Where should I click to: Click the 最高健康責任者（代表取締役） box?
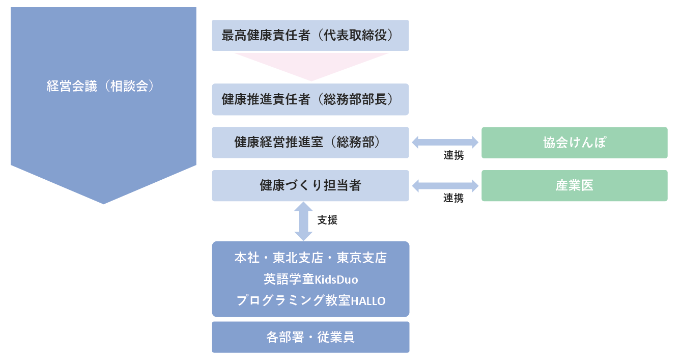pos(310,36)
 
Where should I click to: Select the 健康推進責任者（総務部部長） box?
pos(310,99)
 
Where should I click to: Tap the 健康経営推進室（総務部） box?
pos(310,143)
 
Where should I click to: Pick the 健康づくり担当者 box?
pos(310,185)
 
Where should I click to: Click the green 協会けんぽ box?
pos(574,143)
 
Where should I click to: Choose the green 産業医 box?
pos(574,185)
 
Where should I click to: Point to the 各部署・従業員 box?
pos(310,337)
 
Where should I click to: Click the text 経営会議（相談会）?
pos(100,86)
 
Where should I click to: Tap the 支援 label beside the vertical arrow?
pos(327,220)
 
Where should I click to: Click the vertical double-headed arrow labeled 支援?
pos(303,221)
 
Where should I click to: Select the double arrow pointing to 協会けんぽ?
pos(445,143)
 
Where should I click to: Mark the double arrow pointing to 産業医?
pos(445,186)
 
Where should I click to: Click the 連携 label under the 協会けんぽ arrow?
pos(453,156)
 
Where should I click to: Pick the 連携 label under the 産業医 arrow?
pos(453,199)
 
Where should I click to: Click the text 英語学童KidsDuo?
pos(310,279)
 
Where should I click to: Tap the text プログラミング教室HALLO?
pos(310,300)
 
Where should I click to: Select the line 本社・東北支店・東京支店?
pos(310,258)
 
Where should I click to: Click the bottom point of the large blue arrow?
pos(104,202)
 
